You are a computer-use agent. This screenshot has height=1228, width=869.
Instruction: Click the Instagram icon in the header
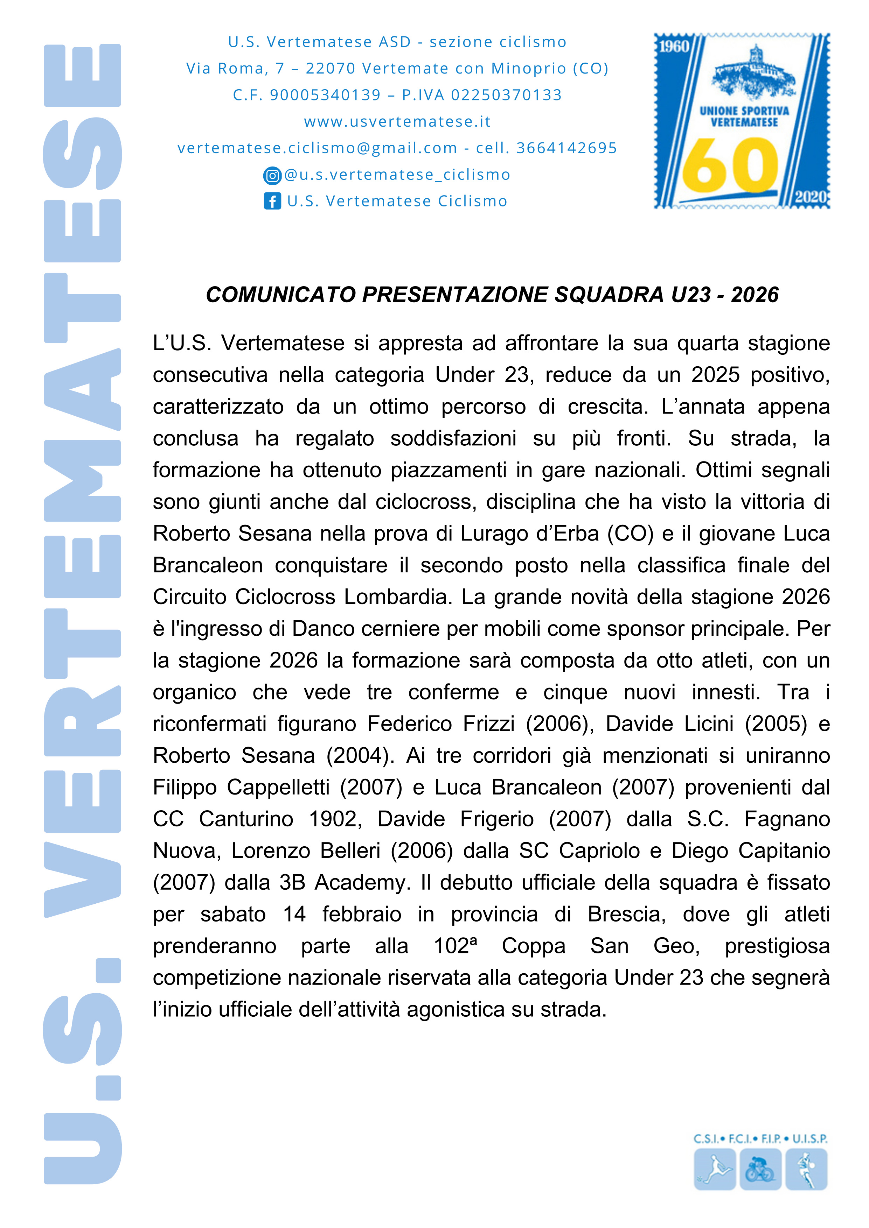coord(272,175)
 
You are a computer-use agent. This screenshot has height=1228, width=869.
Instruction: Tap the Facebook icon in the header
coord(272,201)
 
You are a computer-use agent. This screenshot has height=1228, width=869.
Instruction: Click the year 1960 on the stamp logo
coord(674,47)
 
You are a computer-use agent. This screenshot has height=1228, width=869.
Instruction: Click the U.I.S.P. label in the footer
coord(809,1139)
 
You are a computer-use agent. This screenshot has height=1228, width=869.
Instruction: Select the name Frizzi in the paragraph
coord(488,724)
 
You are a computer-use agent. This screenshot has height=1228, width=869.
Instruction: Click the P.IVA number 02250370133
coord(506,95)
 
